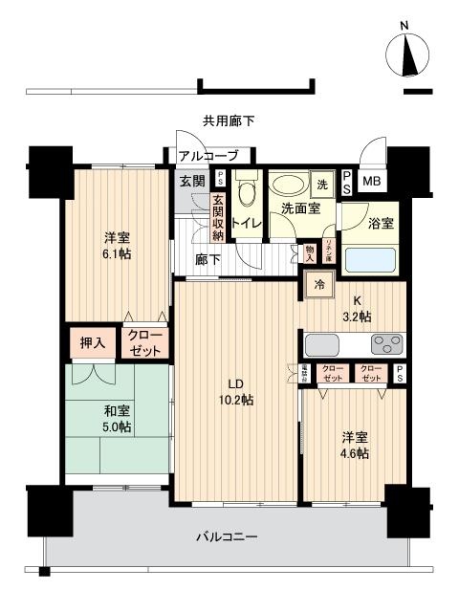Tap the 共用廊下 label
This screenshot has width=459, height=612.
pos(228,120)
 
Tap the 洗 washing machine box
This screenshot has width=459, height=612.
pos(321,183)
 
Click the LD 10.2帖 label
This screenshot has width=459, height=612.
pos(235,392)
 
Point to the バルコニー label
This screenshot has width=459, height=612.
pos(230,537)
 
